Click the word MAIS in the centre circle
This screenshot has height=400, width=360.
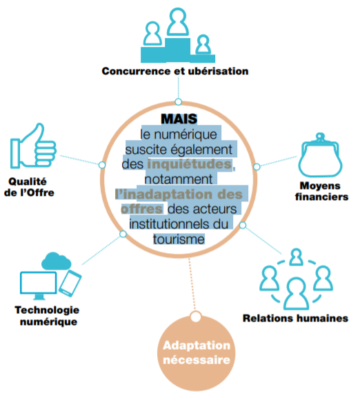coord(179,119)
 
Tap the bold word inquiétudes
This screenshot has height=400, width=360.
coord(190,164)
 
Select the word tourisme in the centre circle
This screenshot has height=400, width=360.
coord(179,239)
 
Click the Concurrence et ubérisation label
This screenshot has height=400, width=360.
coord(175,71)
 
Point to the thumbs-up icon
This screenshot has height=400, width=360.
coord(33,146)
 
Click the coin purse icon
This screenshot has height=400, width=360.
coord(320,155)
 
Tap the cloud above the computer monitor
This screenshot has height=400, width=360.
coord(56,261)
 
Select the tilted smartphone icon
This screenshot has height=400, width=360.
coord(70,283)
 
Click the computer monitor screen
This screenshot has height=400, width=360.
coord(39,283)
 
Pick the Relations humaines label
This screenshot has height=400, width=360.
coord(295,319)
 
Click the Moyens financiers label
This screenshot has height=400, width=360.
coord(321,191)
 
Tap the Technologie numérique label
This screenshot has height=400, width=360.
coord(48,316)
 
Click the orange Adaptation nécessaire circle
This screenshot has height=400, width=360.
coord(196,353)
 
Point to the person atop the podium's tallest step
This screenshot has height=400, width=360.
coord(178,22)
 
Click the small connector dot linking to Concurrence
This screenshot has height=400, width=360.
coord(179,102)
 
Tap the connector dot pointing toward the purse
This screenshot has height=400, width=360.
coord(257,167)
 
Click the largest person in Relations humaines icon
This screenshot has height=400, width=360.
coord(297,293)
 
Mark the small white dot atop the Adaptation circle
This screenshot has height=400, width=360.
coord(196,317)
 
